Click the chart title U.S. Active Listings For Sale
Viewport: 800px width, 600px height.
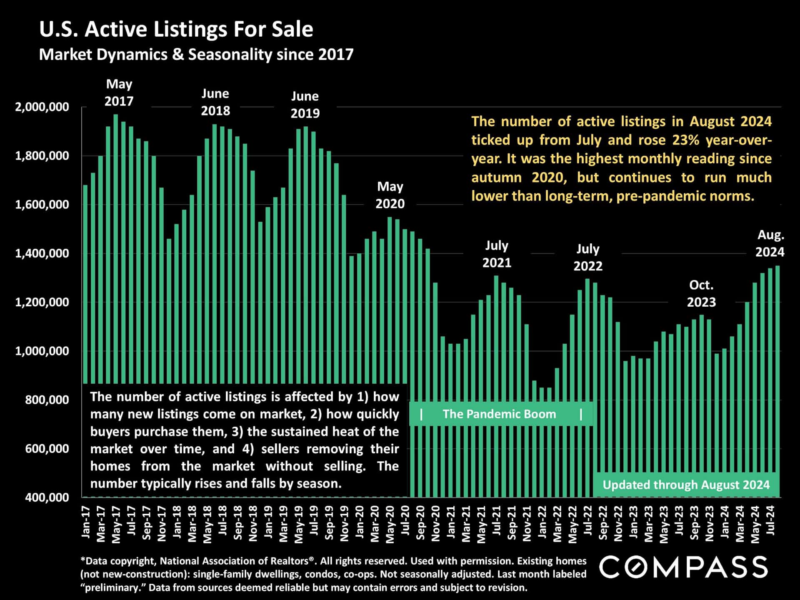pyautogui.click(x=176, y=30)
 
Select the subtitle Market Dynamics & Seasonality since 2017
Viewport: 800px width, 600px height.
pyautogui.click(x=196, y=55)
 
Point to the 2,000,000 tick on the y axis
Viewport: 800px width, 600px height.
pyautogui.click(x=42, y=107)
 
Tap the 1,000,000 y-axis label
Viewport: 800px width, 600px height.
pyautogui.click(x=42, y=351)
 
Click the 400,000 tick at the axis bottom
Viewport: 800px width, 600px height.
pyautogui.click(x=47, y=497)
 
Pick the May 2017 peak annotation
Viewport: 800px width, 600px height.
pyautogui.click(x=119, y=92)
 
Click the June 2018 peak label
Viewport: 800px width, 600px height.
pyautogui.click(x=215, y=102)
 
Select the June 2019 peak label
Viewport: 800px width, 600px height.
pyautogui.click(x=305, y=105)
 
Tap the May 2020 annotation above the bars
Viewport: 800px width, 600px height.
pyautogui.click(x=390, y=195)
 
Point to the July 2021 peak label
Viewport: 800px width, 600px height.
pyautogui.click(x=496, y=254)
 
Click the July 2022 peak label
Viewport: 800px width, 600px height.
pyautogui.click(x=588, y=257)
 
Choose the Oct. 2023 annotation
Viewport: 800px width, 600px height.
pyautogui.click(x=701, y=293)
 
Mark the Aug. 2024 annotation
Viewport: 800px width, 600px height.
pyautogui.click(x=770, y=243)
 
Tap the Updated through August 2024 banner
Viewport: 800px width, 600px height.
pyautogui.click(x=686, y=485)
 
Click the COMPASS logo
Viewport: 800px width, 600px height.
pyautogui.click(x=683, y=567)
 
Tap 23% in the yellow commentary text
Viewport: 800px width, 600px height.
pyautogui.click(x=685, y=140)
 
